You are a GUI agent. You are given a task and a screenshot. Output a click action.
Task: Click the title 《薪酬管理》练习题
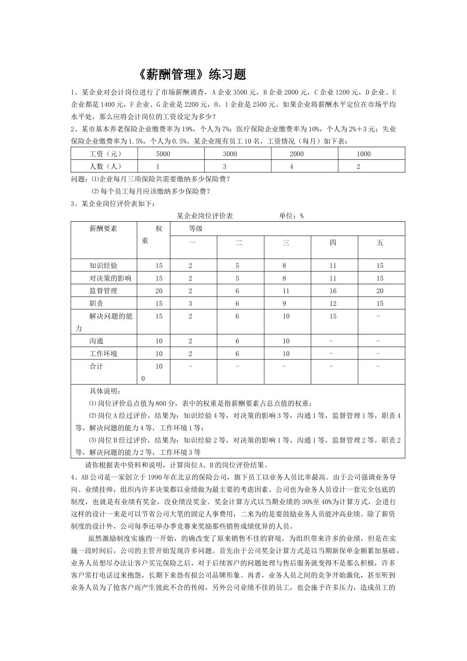(190, 75)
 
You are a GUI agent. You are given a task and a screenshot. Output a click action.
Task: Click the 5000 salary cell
(163, 154)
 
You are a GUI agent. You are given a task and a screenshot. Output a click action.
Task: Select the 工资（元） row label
(103, 154)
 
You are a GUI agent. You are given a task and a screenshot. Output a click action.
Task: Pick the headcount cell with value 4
(292, 166)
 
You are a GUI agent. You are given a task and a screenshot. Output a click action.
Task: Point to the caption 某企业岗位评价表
(205, 216)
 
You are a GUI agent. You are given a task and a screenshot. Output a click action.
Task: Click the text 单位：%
(292, 216)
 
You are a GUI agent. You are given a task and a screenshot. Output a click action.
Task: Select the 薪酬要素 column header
(103, 229)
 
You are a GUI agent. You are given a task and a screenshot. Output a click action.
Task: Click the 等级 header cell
(196, 229)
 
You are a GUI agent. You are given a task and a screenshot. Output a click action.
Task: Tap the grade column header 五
(380, 242)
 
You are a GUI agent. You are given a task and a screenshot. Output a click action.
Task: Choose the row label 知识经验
(103, 266)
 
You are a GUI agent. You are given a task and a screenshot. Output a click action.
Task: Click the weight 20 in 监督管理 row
(159, 291)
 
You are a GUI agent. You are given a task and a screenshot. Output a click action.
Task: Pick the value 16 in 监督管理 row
(333, 291)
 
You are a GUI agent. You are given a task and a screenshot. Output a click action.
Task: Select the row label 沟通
(96, 341)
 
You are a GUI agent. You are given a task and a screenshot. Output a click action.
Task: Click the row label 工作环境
(103, 354)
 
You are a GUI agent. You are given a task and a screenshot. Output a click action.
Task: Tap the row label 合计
(96, 366)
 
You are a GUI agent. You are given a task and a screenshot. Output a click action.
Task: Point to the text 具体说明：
(104, 391)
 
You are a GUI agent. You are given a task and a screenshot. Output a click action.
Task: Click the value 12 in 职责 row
(333, 303)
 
